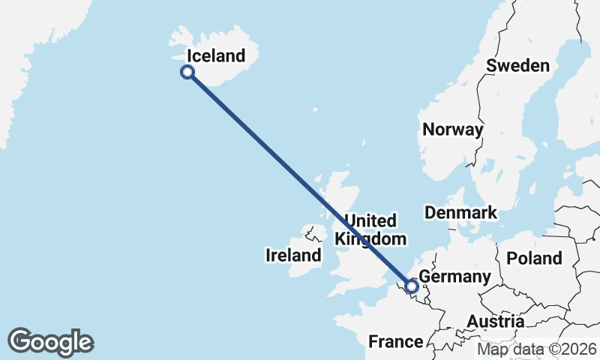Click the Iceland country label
216,55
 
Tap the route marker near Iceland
187,72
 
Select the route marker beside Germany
411,285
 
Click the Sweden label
517,65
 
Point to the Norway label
452,129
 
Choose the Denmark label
460,212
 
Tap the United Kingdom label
370,229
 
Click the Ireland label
293,256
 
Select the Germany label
454,277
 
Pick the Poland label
534,258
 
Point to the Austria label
495,321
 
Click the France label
395,342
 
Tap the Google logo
50,342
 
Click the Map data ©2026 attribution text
537,349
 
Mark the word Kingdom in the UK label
370,238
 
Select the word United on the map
370,220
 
